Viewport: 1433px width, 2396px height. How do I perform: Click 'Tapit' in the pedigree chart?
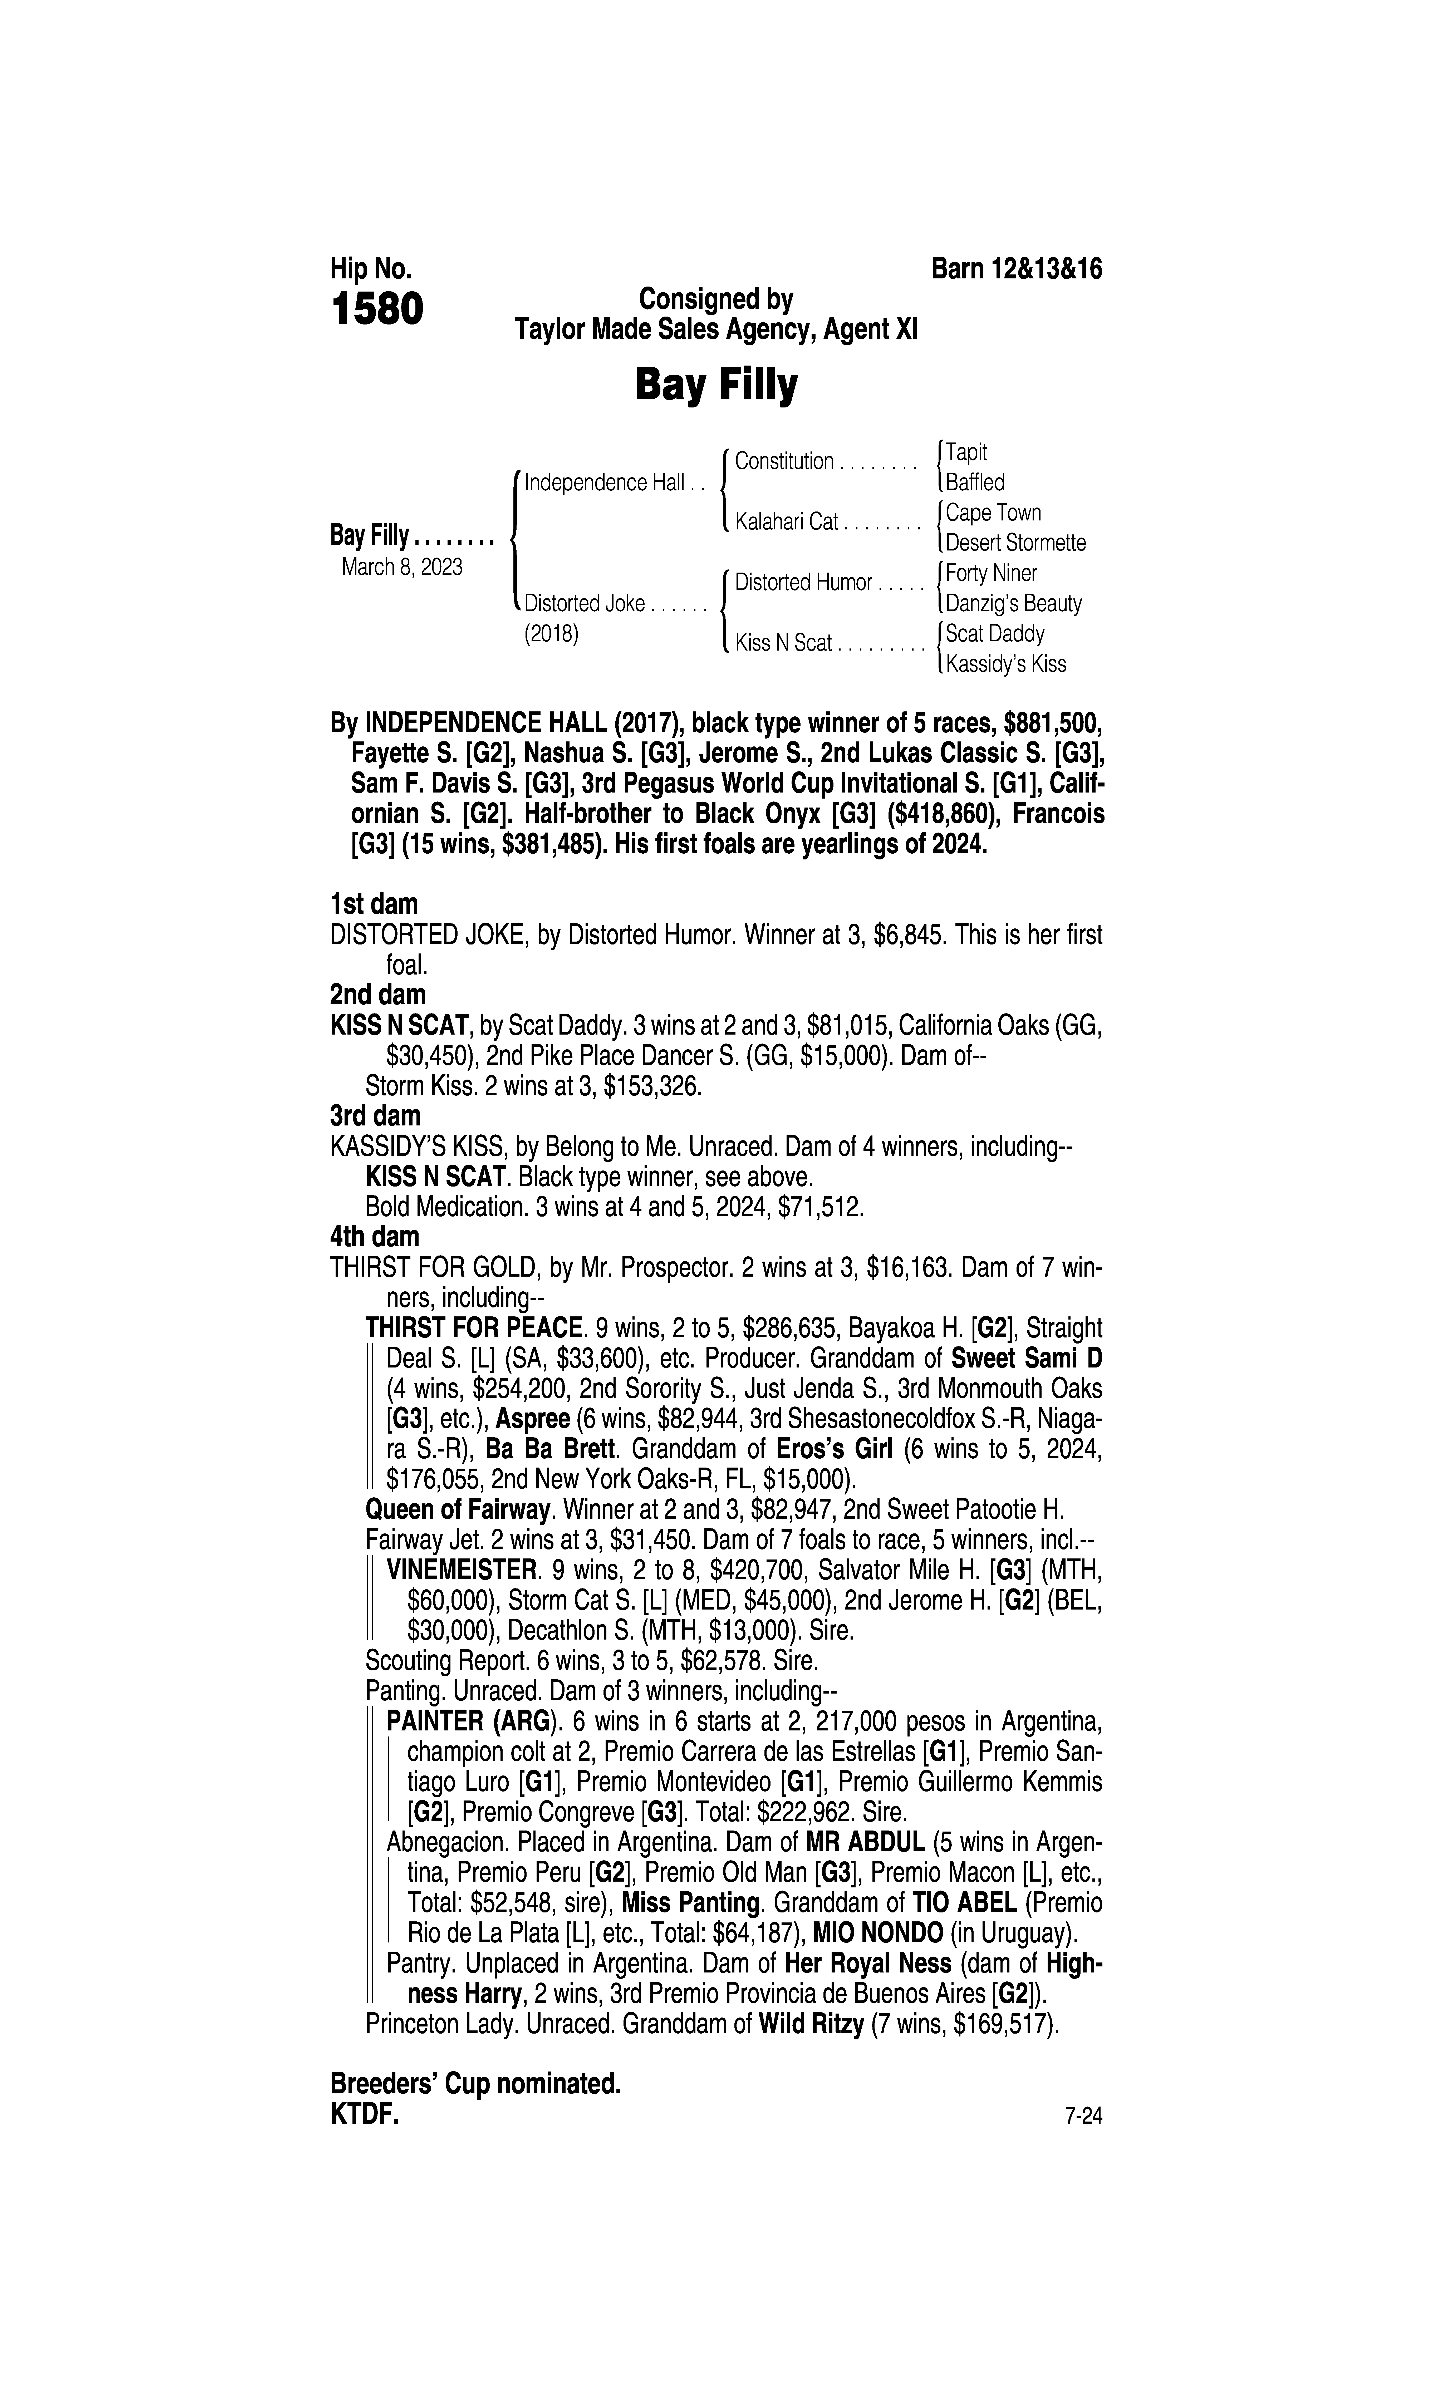[966, 452]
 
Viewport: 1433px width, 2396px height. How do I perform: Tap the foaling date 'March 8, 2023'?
[402, 567]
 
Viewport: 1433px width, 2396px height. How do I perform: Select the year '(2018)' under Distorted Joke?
[551, 634]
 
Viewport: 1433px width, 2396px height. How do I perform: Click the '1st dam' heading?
[375, 904]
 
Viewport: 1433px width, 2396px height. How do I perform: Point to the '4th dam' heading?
[375, 1237]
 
